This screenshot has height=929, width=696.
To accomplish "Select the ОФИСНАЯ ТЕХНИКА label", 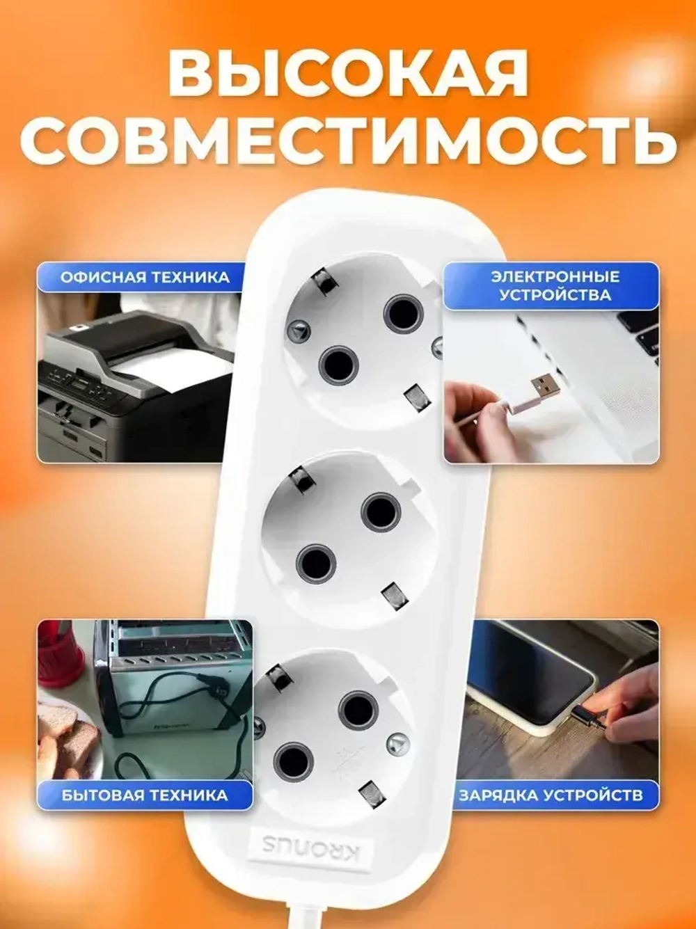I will (x=145, y=277).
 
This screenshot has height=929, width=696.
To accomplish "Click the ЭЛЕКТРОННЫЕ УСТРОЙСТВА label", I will (x=555, y=285).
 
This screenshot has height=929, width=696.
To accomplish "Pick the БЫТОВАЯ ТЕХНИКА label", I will (x=145, y=795).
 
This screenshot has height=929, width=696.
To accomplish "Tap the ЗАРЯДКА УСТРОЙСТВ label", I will (x=550, y=795).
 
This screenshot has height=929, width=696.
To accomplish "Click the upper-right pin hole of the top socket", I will (x=403, y=313).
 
